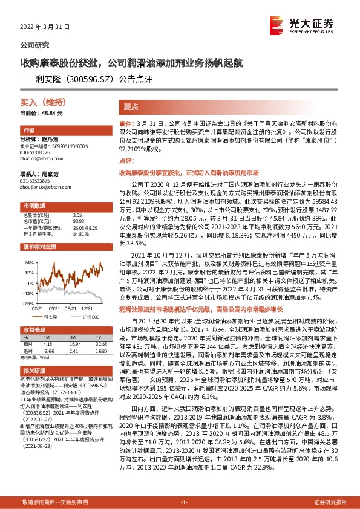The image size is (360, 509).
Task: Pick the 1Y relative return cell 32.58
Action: tap(99, 343)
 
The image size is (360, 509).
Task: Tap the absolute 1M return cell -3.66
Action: tap(49, 350)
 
